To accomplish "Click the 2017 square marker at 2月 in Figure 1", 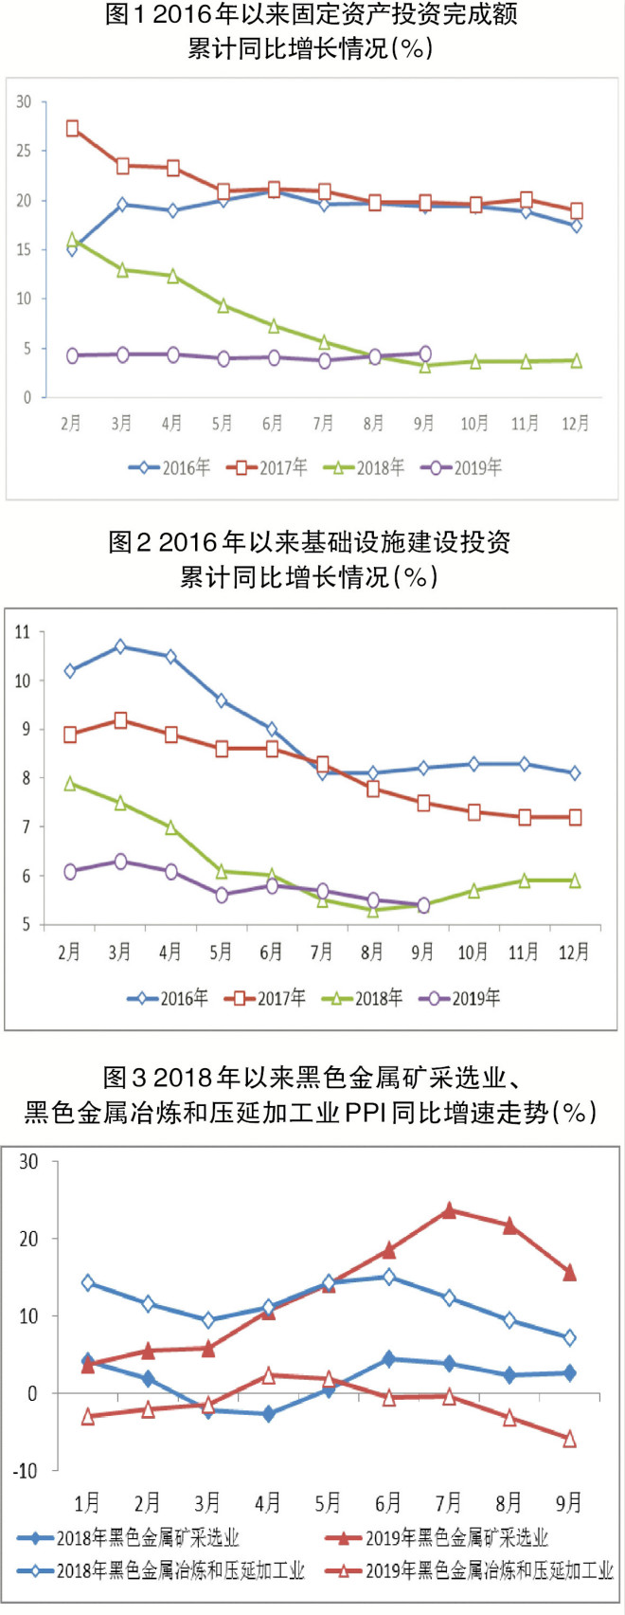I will coord(72,129).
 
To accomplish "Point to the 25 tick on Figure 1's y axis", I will coord(24,151).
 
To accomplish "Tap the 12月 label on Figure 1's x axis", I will coord(575,424).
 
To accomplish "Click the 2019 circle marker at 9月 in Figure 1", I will coord(424,354).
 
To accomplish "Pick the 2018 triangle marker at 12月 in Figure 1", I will coord(576,360).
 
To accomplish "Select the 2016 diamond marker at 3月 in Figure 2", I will coord(120,646).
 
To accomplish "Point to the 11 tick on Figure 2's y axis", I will coord(22,631).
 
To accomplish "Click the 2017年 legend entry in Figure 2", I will coord(269,997).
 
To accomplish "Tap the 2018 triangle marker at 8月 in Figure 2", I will coord(373,910).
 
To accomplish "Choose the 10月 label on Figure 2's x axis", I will coord(473,952).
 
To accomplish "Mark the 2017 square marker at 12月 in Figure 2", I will coord(575,817).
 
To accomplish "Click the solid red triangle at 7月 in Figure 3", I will coord(449,1210).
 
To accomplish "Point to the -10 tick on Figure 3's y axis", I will coord(25,1471).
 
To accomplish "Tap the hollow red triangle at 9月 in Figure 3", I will coord(570,1440).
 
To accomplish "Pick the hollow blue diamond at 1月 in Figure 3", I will coord(88,1283).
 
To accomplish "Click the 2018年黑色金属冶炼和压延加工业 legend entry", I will coord(166,1571).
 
